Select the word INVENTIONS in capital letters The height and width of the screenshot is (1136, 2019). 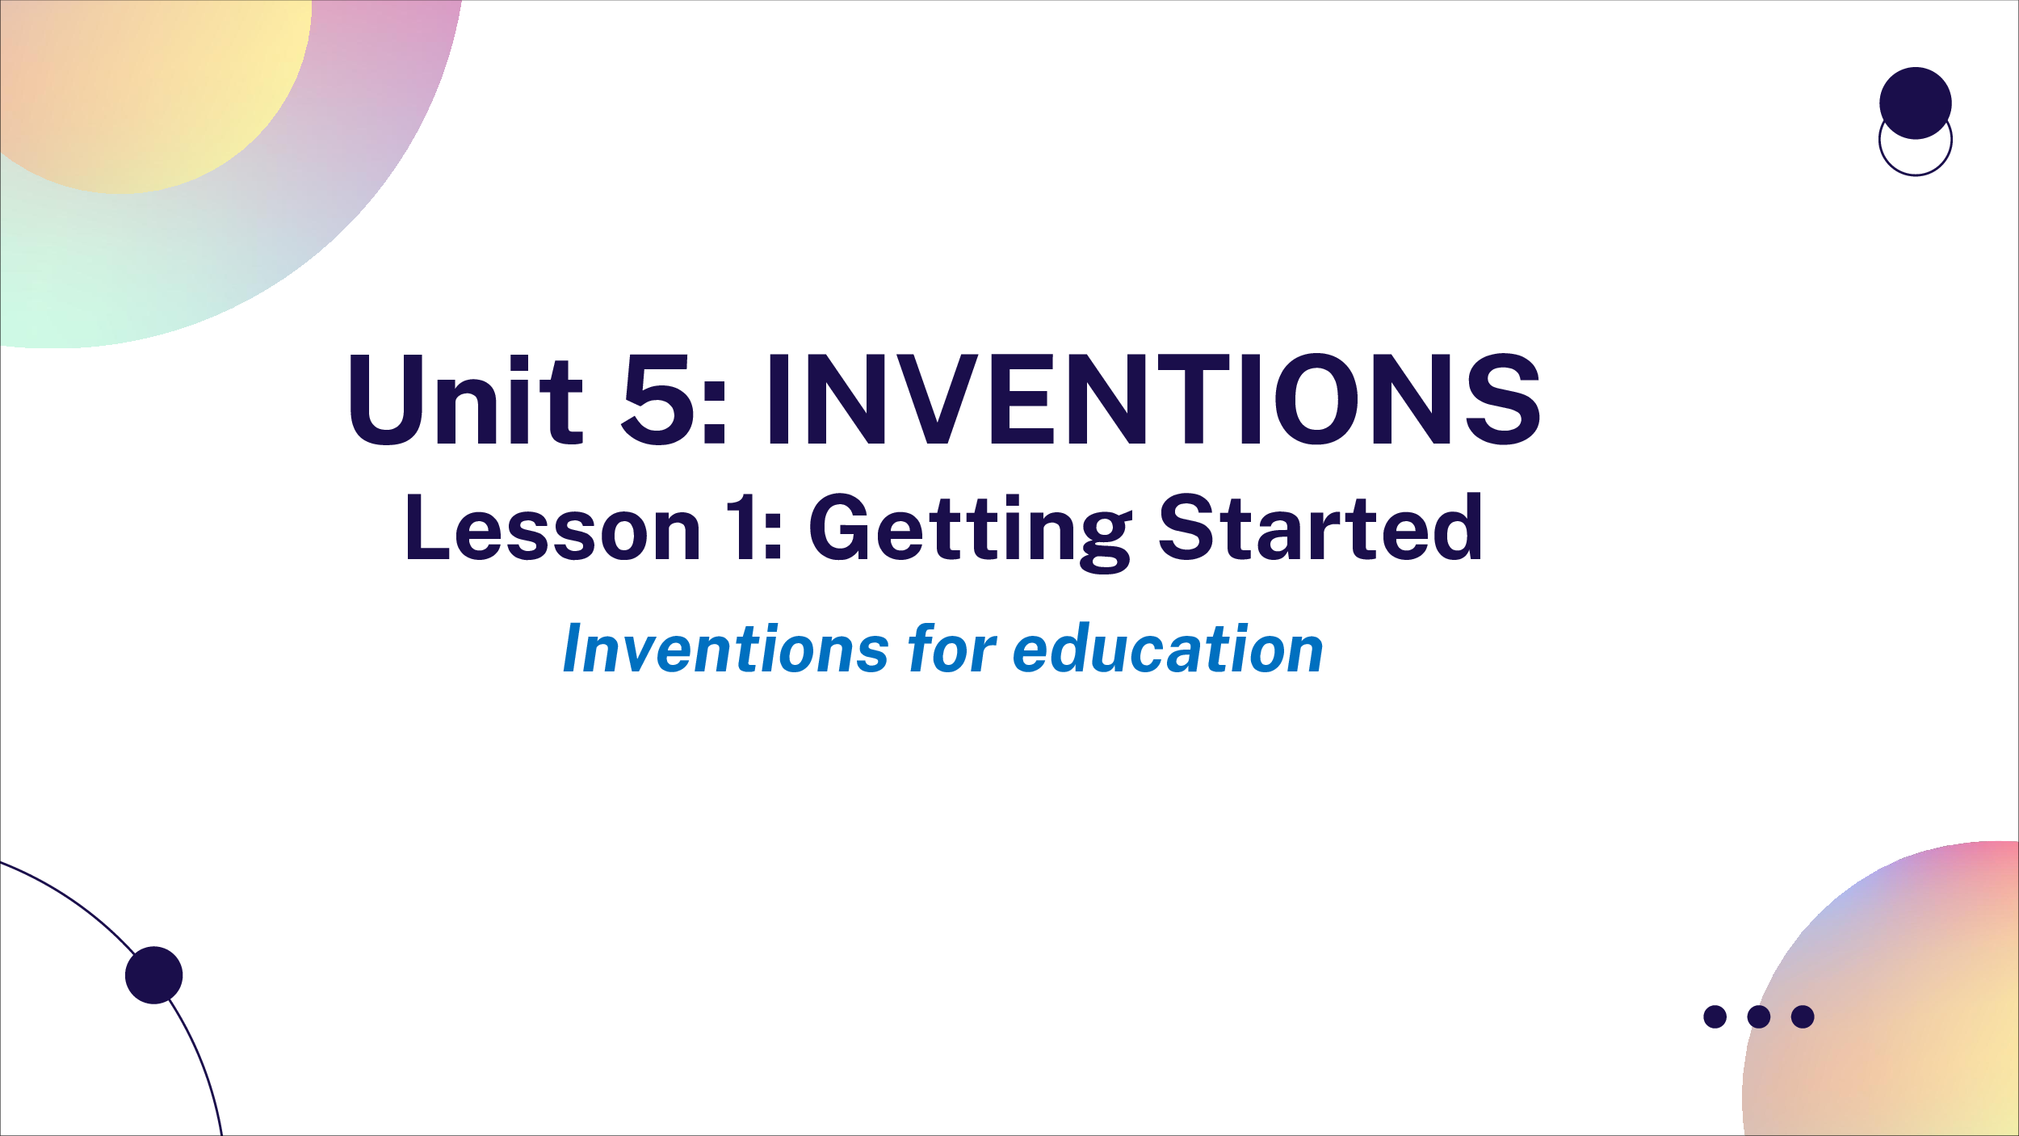[1154, 399]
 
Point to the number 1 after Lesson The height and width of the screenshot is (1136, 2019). [741, 527]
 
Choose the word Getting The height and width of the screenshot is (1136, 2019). [970, 533]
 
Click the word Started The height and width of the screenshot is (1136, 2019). [1320, 527]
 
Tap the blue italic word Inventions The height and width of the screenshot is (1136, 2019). [725, 648]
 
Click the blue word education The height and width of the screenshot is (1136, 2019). [1168, 648]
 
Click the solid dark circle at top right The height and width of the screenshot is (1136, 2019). [1916, 103]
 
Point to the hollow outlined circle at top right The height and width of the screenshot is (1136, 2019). [1916, 175]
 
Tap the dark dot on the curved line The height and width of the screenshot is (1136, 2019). [154, 975]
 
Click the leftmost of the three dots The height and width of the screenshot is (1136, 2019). [1715, 1016]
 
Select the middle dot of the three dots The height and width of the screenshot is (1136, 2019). [1759, 1016]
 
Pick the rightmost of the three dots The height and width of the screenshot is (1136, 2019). [1803, 1016]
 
